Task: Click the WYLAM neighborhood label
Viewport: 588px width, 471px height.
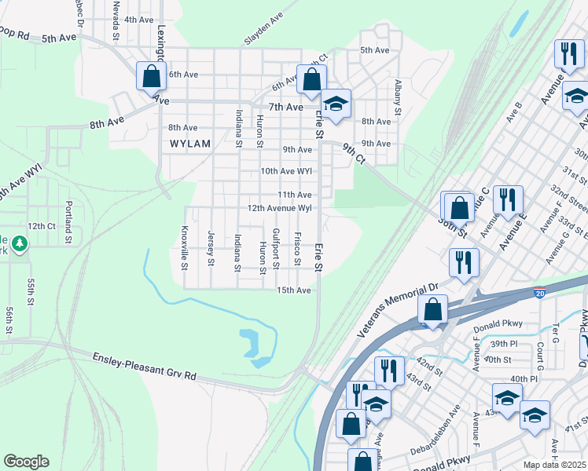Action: [190, 144]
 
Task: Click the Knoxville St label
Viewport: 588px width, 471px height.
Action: [185, 247]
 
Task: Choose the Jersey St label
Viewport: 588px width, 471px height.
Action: [211, 247]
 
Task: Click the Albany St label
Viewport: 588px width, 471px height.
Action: [399, 97]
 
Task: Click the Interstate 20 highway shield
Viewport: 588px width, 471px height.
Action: [540, 293]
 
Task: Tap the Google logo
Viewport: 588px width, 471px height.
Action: [26, 462]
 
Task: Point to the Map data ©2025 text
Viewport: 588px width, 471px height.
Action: [555, 465]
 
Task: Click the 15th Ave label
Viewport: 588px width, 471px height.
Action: [294, 290]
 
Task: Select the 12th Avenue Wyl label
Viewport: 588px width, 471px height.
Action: [281, 208]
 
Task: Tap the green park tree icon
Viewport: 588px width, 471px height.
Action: [19, 245]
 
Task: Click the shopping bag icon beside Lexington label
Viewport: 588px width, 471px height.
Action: [150, 77]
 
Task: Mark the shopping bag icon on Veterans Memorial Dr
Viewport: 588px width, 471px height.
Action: [432, 310]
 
